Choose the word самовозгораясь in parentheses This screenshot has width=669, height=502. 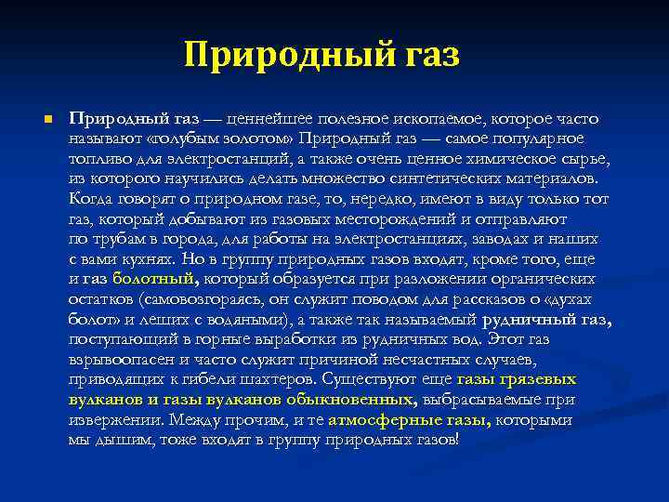(199, 298)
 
